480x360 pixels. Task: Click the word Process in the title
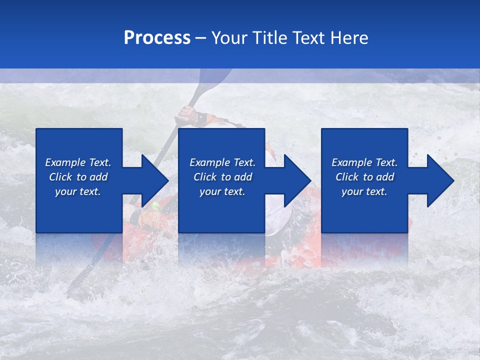click(157, 38)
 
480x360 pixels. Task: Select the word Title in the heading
click(271, 38)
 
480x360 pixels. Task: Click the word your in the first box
click(65, 191)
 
